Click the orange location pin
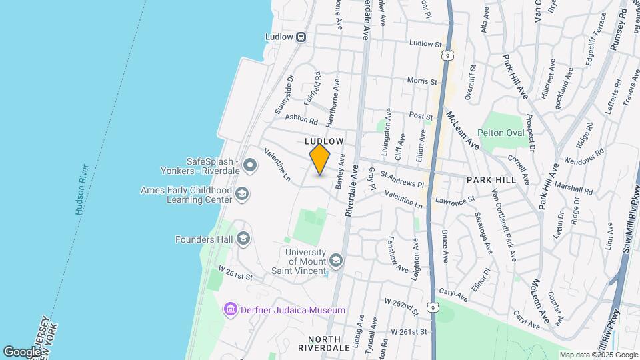pos(320,159)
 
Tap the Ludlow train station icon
pos(301,37)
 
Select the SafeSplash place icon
pos(250,164)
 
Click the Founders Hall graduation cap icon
pos(243,239)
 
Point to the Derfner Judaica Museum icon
pos(231,310)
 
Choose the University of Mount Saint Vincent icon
pos(336,260)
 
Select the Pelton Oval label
pos(501,133)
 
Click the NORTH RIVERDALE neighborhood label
pos(305,343)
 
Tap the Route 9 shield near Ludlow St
pos(451,54)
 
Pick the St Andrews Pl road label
pos(402,179)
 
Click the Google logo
pos(22,351)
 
